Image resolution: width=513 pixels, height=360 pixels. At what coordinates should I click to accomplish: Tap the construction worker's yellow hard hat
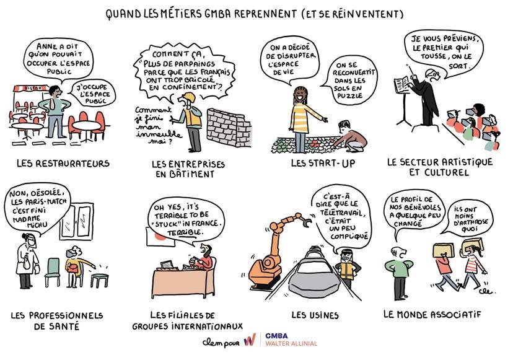[188, 97]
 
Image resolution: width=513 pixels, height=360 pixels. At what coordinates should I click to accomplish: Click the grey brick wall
[229, 128]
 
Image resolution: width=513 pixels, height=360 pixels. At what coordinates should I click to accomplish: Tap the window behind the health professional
[77, 222]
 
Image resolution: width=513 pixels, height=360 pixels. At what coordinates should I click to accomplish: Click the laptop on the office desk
[167, 265]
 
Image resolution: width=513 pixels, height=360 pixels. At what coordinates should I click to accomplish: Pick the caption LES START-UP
[323, 163]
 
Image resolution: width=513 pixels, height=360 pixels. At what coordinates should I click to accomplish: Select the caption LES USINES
[315, 315]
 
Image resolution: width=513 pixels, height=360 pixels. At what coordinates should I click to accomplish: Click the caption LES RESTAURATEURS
[63, 163]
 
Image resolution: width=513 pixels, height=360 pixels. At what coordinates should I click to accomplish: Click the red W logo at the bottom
[250, 340]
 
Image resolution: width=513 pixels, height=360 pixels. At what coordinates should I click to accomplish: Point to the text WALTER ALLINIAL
[291, 344]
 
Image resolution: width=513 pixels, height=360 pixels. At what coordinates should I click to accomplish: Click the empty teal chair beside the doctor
[52, 272]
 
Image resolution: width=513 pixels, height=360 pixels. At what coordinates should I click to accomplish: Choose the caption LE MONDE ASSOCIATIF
[432, 315]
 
